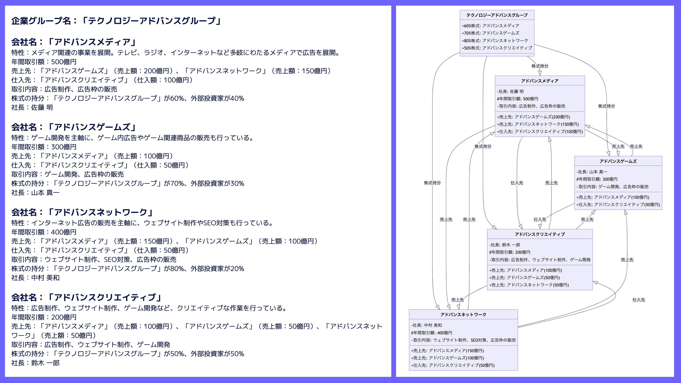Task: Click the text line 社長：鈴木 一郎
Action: [x=35, y=363]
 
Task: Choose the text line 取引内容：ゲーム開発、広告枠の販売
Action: [x=67, y=174]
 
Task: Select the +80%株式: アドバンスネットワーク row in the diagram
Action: [x=495, y=41]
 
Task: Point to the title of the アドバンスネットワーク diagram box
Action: [x=463, y=315]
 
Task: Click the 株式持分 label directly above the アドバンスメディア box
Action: [x=540, y=66]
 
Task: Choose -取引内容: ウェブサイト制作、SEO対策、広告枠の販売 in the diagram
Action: [x=463, y=340]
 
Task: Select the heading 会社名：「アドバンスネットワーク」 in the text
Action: [x=82, y=212]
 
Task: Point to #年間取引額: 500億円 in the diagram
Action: [x=517, y=99]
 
